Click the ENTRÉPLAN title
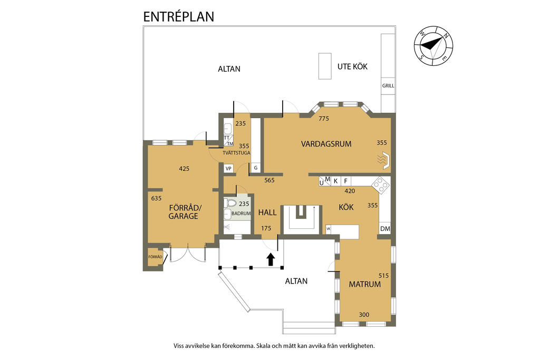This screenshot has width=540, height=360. click(178, 16)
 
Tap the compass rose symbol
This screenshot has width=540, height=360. click(433, 45)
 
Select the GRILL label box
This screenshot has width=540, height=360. click(388, 86)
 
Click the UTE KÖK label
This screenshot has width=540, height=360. click(352, 66)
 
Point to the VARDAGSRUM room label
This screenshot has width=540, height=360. click(326, 144)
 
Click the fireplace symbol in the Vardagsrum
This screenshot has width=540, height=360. click(384, 161)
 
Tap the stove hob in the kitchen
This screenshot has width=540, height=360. click(381, 185)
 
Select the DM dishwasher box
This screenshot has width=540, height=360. click(385, 229)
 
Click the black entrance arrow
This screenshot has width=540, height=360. click(271, 259)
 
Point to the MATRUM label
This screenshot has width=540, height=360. click(365, 284)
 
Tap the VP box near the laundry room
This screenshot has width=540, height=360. click(228, 169)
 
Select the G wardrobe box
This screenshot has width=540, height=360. click(256, 168)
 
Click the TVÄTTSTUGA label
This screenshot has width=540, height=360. click(236, 153)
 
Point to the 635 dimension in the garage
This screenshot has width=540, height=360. click(156, 198)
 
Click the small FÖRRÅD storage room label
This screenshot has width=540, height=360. click(155, 257)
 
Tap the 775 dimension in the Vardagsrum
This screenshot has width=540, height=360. click(324, 119)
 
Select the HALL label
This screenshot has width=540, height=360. click(267, 212)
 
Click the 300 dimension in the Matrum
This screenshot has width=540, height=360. click(364, 315)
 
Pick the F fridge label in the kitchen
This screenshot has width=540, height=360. click(346, 181)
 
